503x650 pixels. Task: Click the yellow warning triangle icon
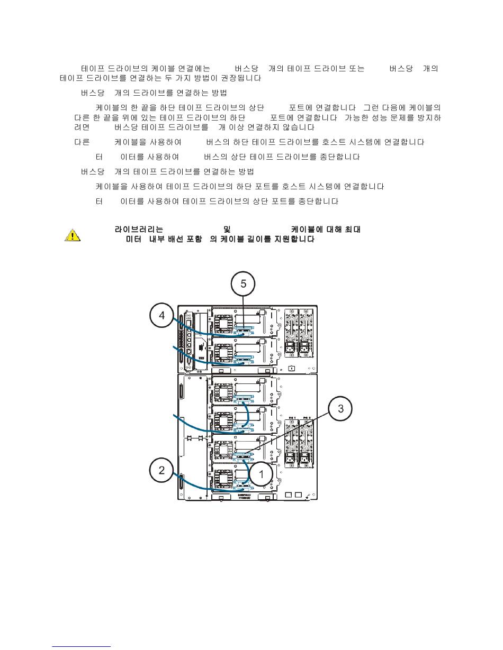coord(73,235)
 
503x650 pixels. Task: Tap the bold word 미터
coord(132,240)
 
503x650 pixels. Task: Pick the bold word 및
coord(227,230)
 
